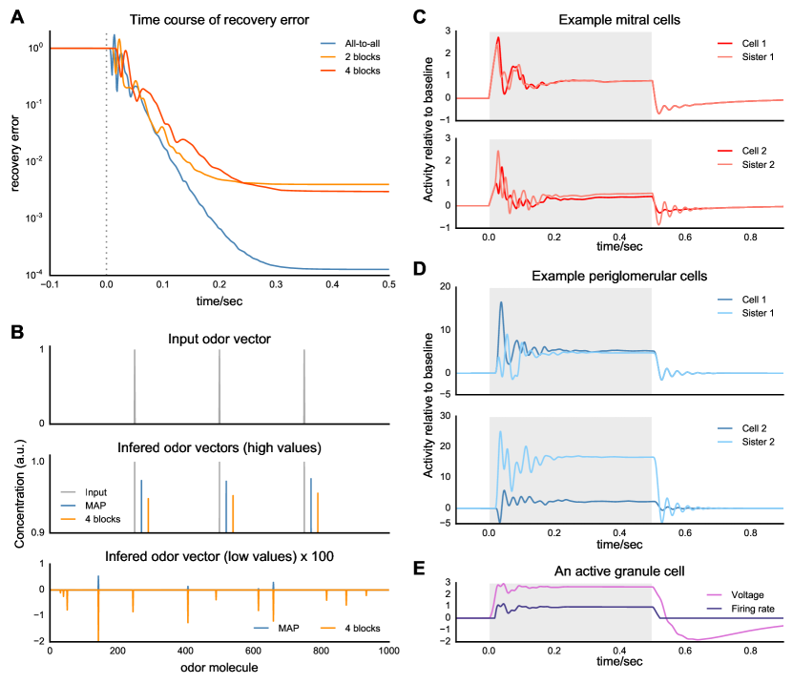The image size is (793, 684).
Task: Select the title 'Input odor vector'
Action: tap(219, 339)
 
